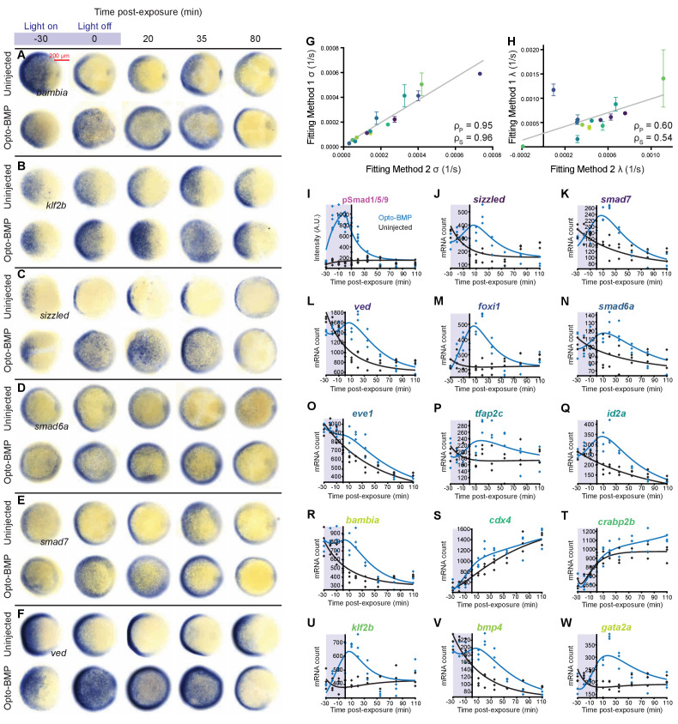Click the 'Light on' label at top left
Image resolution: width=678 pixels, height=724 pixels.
point(38,26)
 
